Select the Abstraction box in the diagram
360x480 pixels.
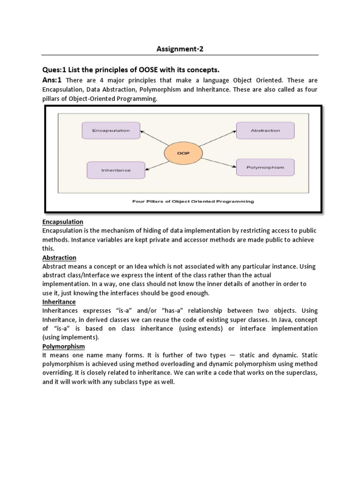coord(265,130)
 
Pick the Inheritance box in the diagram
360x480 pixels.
coord(116,170)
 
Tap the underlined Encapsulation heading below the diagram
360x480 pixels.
coord(63,222)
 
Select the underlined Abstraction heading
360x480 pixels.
coord(59,258)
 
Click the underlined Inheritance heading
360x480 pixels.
coord(59,302)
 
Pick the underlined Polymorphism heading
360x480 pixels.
coord(63,346)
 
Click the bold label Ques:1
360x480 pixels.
coord(55,70)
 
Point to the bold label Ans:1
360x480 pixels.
coord(53,80)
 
